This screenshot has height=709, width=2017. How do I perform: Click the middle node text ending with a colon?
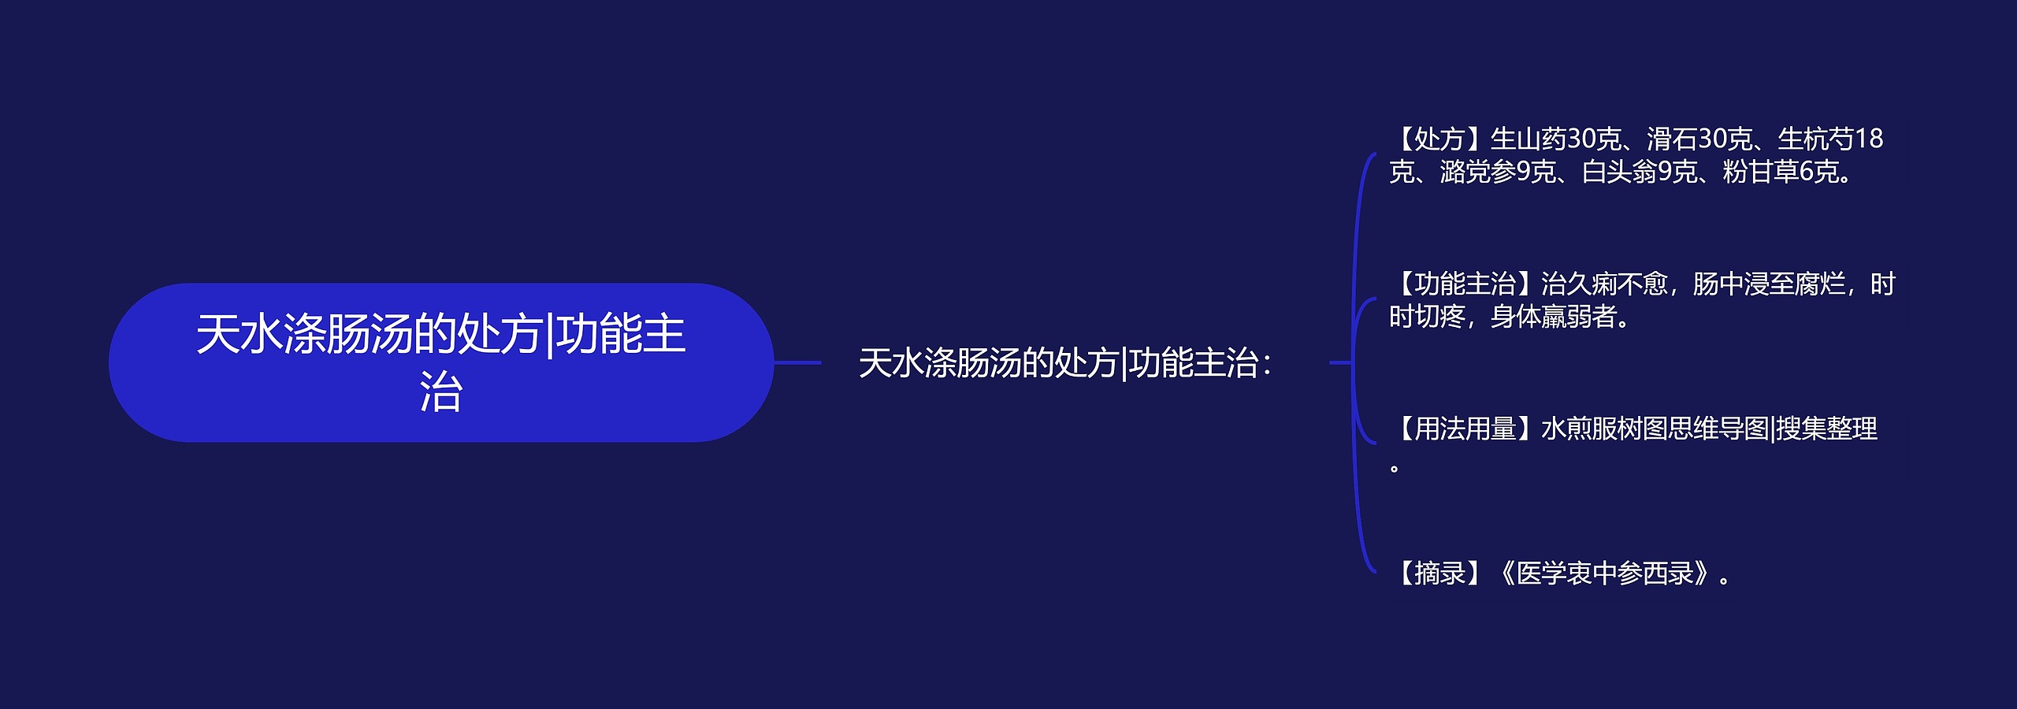[x=1064, y=363]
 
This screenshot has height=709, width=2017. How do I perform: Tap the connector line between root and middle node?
[x=797, y=362]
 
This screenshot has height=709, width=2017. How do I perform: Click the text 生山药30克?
[x=1555, y=139]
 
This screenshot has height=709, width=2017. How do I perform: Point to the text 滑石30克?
[x=1699, y=139]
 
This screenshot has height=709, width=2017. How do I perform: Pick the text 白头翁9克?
[x=1639, y=172]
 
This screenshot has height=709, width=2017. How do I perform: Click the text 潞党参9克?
[x=1497, y=172]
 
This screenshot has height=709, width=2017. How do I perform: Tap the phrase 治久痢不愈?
[x=1603, y=284]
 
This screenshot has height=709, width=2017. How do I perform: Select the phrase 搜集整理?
[x=1827, y=429]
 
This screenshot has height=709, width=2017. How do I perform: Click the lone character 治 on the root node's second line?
[x=440, y=392]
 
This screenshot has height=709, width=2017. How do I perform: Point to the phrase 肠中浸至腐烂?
[x=1769, y=284]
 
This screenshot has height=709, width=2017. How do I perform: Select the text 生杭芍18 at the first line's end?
[x=1829, y=139]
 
